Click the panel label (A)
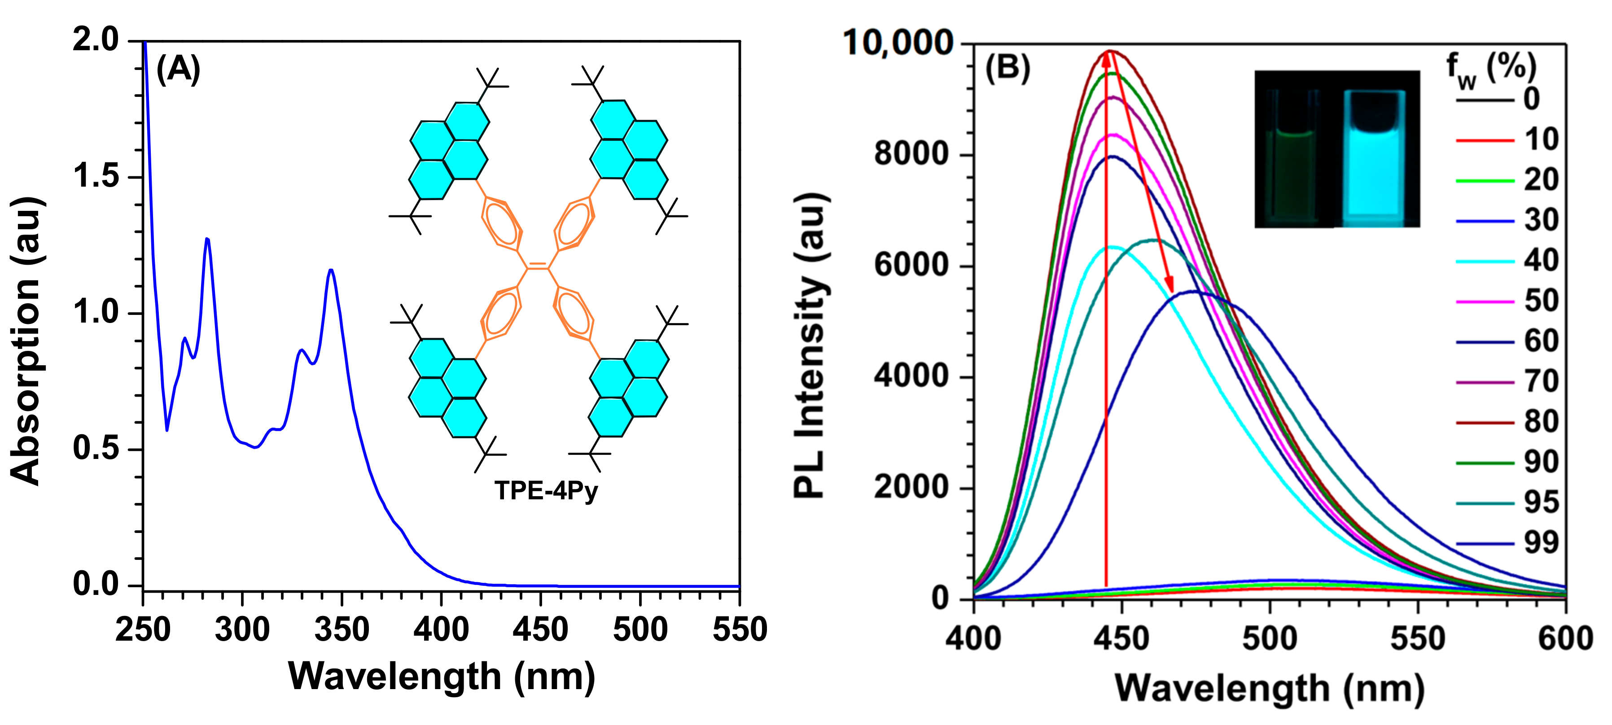coord(178,70)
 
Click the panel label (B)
coord(1007,68)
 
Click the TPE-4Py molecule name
coord(546,490)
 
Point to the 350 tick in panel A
coord(342,629)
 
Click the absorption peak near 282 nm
coord(207,240)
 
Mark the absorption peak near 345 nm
coord(331,270)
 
